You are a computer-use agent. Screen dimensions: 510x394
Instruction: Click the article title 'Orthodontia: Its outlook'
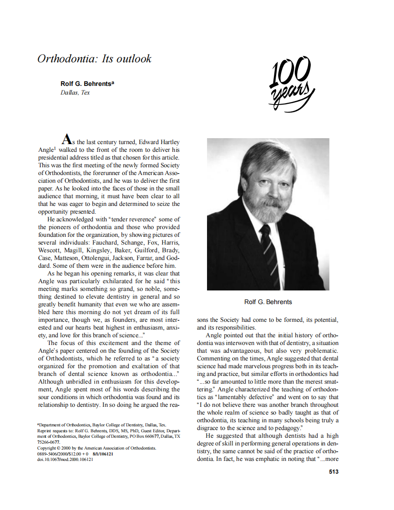94,59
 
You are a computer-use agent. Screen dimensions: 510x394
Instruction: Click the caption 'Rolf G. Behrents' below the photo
268,302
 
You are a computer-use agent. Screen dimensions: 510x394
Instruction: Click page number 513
333,472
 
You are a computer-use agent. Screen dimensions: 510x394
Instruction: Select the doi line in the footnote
65,460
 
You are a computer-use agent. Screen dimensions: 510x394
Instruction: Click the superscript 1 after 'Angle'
55,148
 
